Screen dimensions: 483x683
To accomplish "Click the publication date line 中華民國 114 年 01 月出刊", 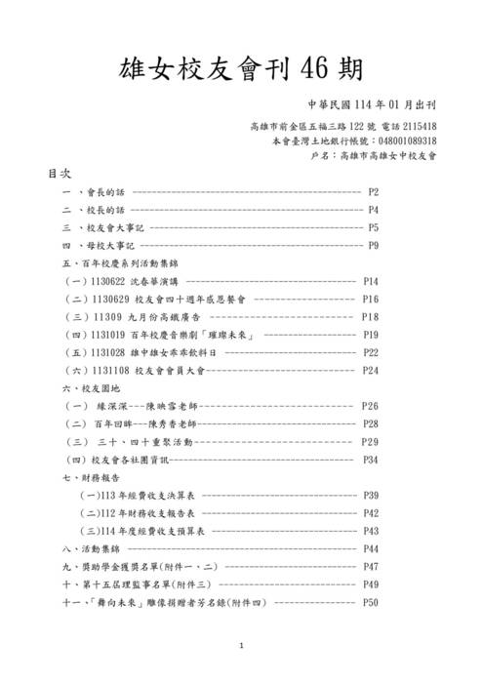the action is point(371,105).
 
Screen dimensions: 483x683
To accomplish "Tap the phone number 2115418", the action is point(420,127).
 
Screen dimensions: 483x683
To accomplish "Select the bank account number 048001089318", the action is point(402,141).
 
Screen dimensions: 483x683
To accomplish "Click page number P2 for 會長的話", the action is point(373,192).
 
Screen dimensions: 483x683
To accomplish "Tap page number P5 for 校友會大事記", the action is point(373,227).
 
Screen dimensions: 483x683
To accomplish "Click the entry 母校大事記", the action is point(109,245).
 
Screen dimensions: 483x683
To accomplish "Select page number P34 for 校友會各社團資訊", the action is point(370,459).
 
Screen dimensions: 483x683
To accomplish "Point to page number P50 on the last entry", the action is point(370,602).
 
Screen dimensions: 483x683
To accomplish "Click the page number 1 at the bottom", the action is point(241,647).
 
